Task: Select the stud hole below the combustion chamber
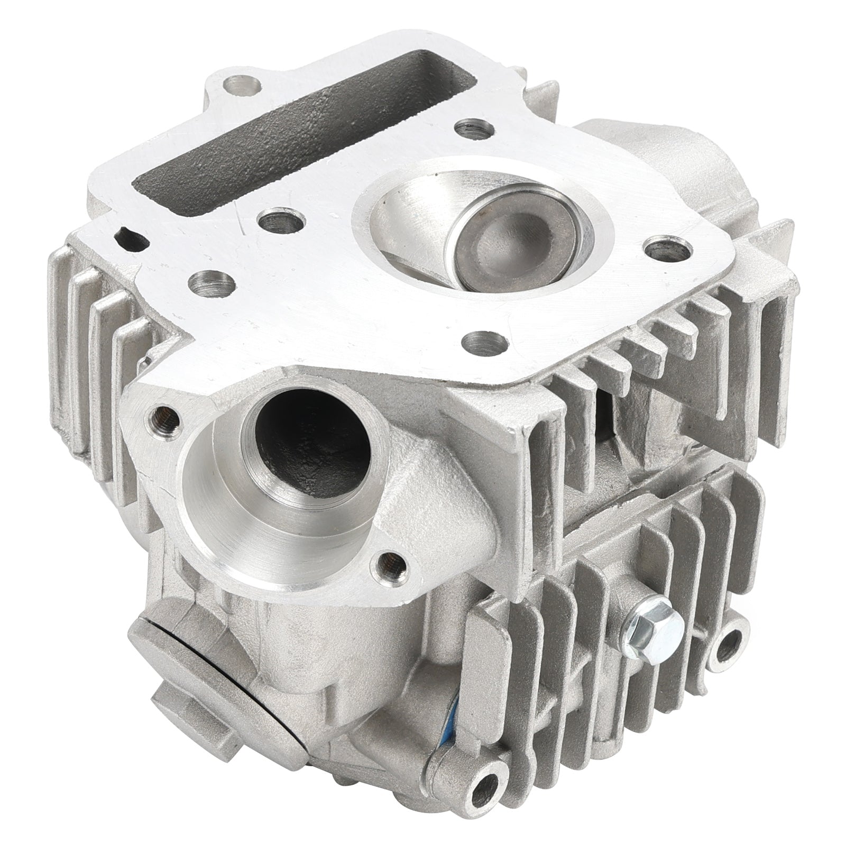(480, 338)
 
